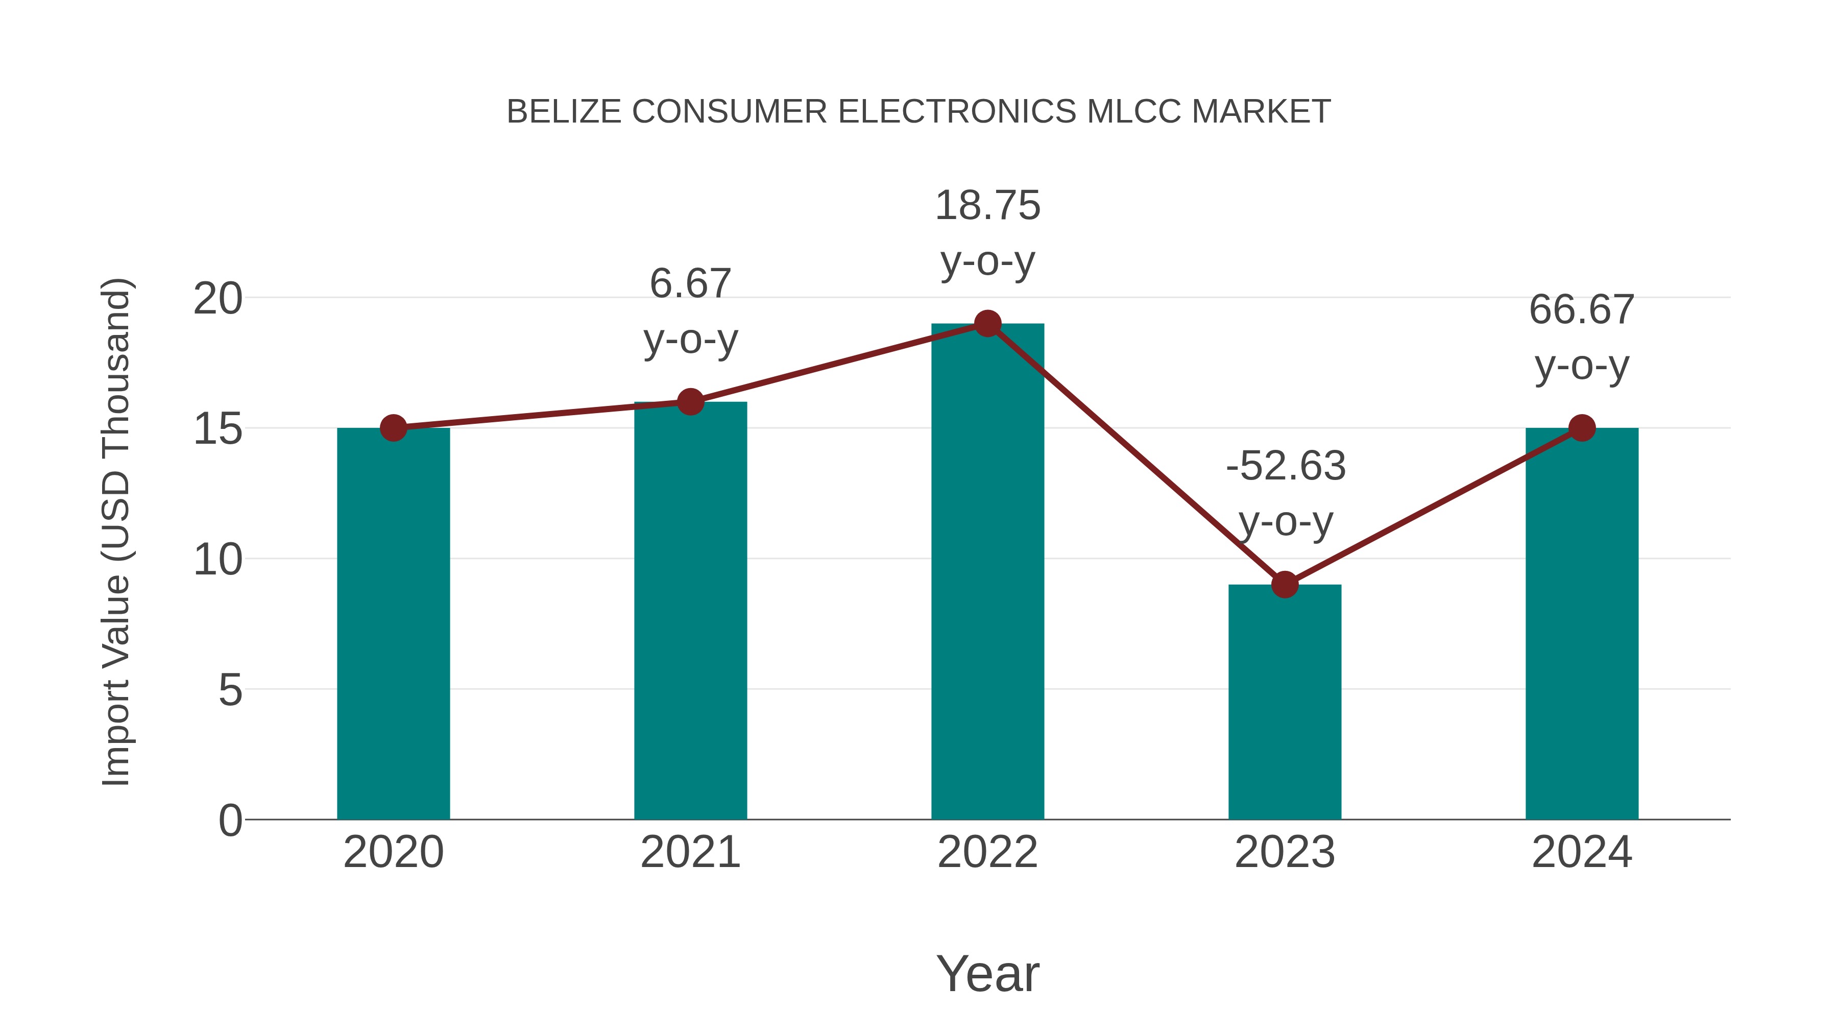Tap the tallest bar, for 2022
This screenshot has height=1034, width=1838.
tap(987, 571)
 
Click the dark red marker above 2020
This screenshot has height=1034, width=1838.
tap(393, 428)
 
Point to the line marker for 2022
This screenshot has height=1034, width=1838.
tap(987, 324)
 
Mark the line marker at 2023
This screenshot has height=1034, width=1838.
tap(1285, 585)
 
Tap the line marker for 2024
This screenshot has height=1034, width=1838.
tap(1582, 428)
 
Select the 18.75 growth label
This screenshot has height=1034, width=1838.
tap(987, 233)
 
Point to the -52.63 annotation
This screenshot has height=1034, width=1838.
tap(1285, 494)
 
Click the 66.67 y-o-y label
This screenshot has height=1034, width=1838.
tap(1582, 338)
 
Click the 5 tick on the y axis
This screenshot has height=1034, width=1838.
tap(230, 690)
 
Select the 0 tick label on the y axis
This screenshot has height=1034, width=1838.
tap(230, 821)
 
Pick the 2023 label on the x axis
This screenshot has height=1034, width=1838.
tap(1285, 853)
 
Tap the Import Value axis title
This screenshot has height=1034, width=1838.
tap(115, 532)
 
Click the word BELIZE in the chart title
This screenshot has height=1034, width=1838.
tap(564, 112)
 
